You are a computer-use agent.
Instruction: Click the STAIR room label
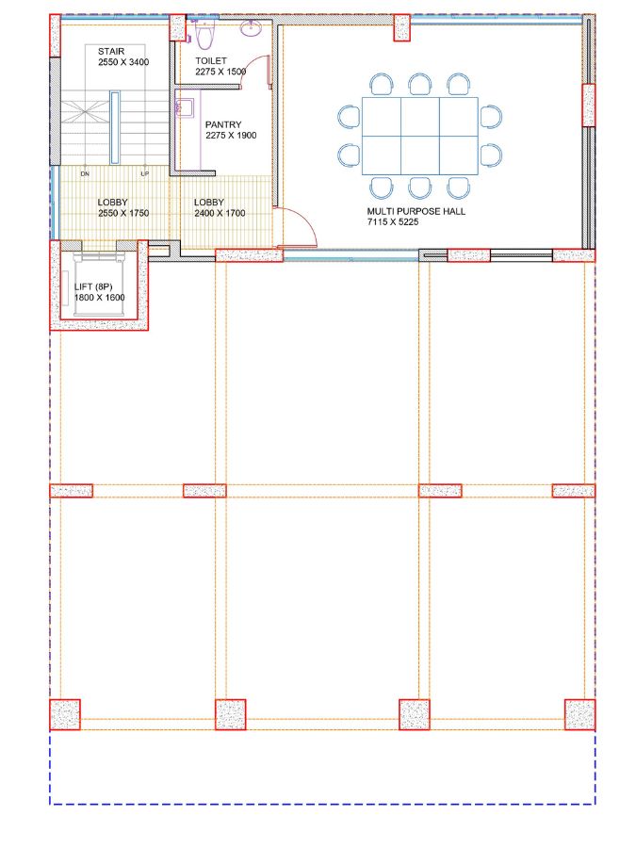111,52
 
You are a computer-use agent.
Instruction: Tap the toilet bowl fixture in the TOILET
204,35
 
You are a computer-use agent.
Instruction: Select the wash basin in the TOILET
251,28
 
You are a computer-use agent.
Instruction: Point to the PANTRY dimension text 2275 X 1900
231,135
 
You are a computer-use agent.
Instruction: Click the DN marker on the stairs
85,174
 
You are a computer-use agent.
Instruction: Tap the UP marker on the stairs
145,174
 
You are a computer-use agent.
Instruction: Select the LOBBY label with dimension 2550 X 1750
112,203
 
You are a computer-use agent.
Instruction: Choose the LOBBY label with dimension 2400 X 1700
209,203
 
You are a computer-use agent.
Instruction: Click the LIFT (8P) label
93,286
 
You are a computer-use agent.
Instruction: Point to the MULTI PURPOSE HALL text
416,211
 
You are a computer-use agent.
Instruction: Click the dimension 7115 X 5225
393,221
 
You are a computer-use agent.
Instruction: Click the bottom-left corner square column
65,714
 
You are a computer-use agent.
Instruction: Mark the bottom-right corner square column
579,714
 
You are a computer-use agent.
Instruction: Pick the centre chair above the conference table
420,85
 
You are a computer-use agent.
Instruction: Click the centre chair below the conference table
420,188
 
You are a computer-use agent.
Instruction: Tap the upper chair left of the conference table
350,117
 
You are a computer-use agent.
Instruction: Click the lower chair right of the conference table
491,155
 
